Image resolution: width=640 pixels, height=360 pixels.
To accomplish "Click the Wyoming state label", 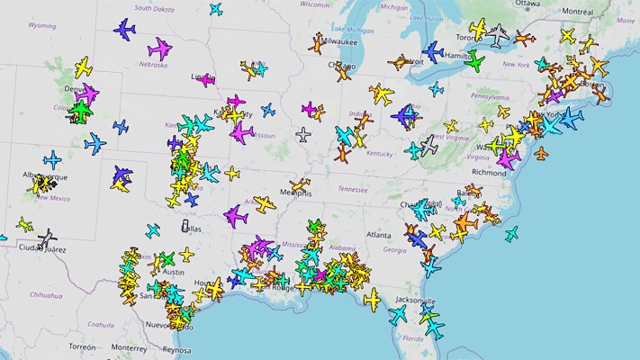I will click(x=42, y=26).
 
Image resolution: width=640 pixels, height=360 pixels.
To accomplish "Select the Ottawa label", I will click(x=527, y=4).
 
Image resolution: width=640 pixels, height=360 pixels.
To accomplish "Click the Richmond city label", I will click(x=489, y=172).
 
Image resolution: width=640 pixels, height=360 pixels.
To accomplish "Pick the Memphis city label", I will click(x=294, y=193).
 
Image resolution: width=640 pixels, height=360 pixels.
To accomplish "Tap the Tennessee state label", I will click(x=354, y=189).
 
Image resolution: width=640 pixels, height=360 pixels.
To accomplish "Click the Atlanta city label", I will click(x=379, y=234).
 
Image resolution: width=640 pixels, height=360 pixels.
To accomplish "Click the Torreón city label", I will click(x=81, y=346).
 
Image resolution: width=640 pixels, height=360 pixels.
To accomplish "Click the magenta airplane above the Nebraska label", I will click(x=160, y=47).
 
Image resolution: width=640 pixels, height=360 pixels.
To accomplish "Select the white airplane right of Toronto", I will click(x=499, y=35).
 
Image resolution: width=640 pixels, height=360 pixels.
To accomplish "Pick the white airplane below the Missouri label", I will click(x=303, y=135).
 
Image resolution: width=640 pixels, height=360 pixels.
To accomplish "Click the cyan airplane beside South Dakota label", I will click(x=216, y=9).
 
